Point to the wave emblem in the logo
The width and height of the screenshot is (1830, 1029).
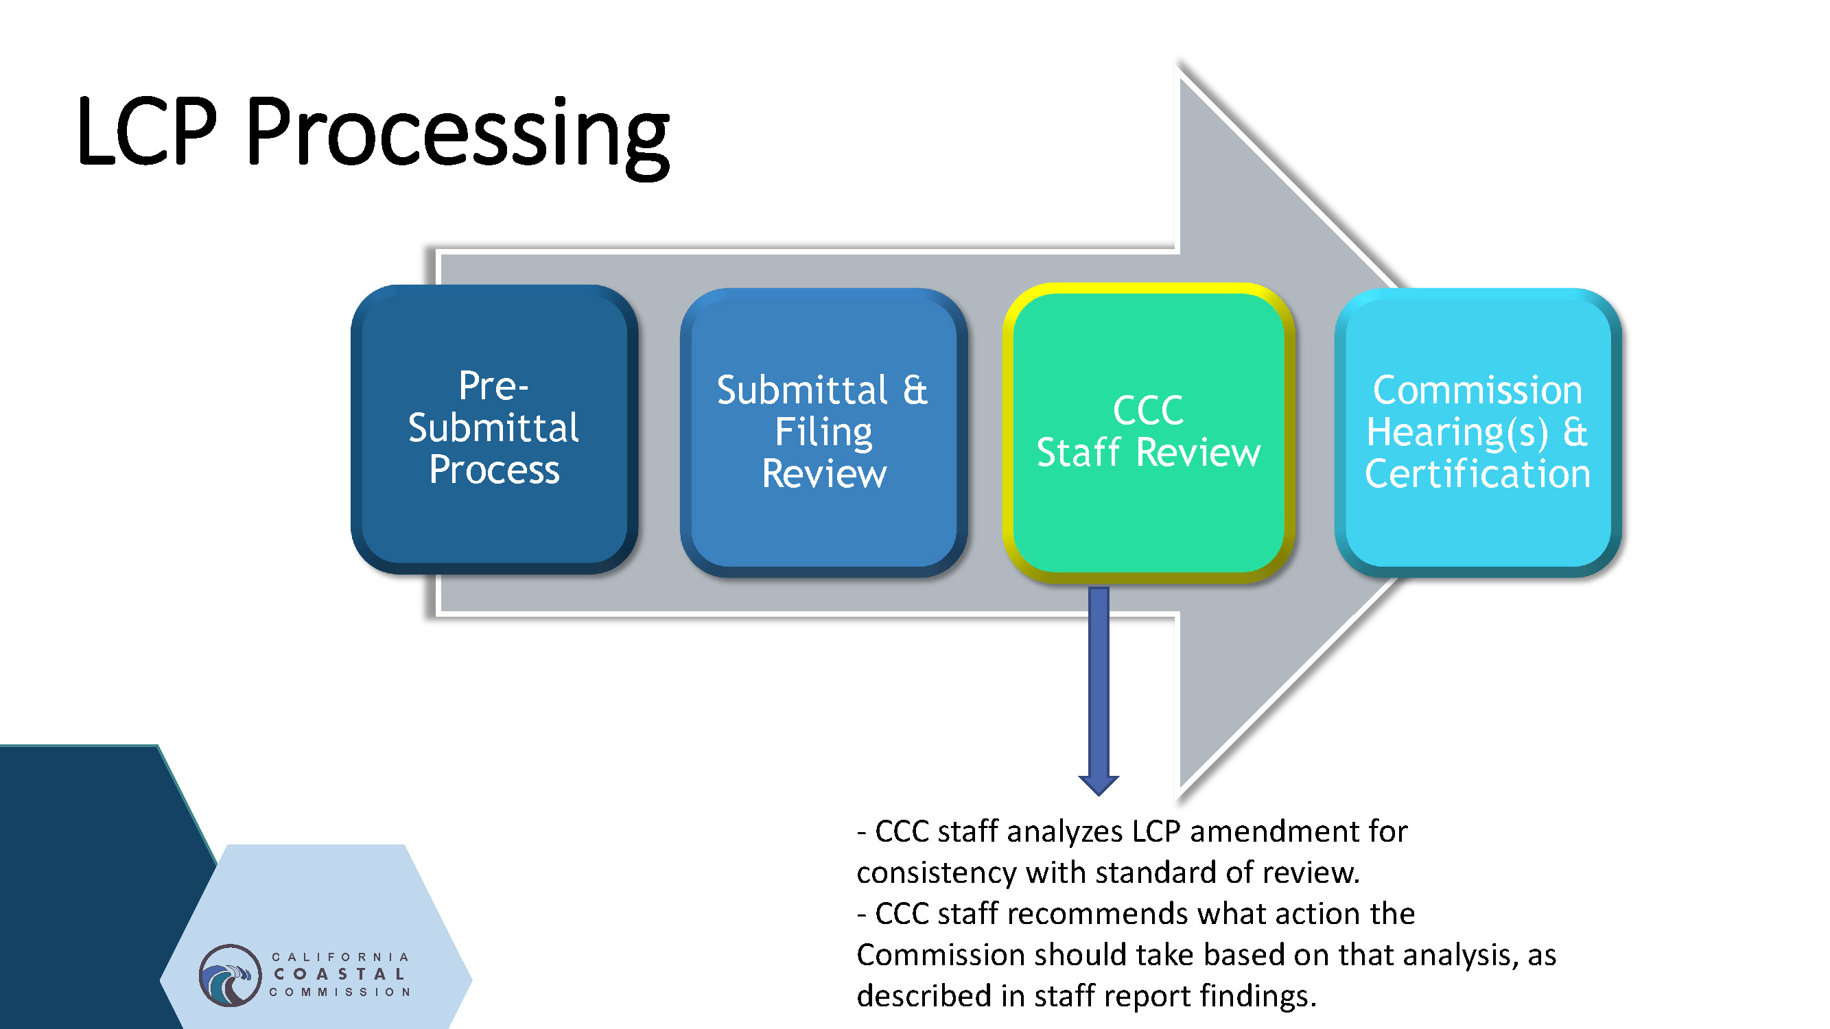point(229,975)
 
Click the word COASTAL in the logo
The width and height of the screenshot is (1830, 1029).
point(340,974)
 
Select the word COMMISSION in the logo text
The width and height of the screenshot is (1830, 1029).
point(340,992)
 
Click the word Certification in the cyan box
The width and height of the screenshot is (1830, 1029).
point(1477,473)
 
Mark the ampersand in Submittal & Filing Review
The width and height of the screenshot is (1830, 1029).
point(915,390)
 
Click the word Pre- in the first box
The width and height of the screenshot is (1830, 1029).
point(493,386)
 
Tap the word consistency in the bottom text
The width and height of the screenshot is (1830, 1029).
point(937,873)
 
